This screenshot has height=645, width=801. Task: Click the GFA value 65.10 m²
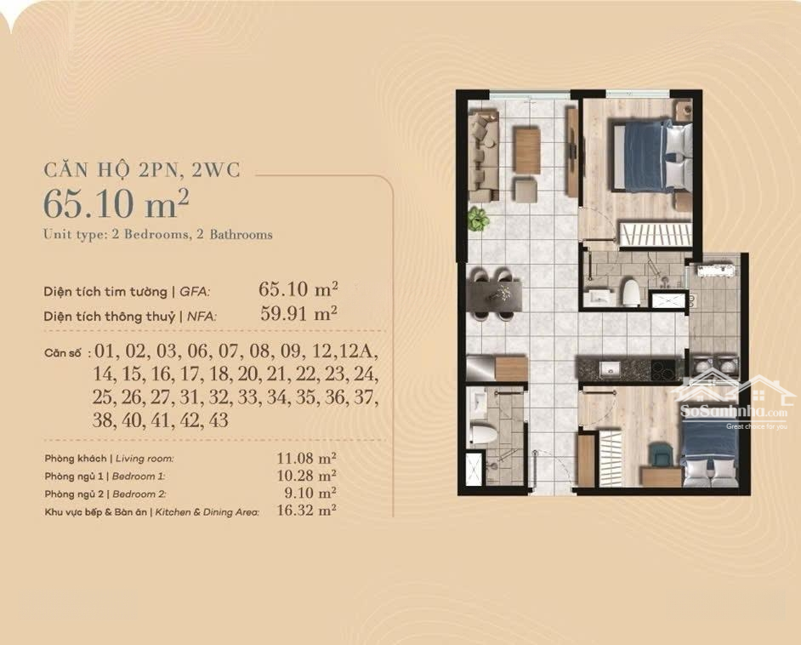tap(298, 289)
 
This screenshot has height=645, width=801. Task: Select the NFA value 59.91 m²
tap(298, 313)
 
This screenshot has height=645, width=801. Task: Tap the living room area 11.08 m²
tap(306, 458)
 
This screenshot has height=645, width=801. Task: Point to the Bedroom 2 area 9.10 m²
tap(310, 494)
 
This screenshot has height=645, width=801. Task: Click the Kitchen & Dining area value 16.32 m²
tap(306, 511)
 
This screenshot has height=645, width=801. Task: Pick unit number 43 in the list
tap(219, 420)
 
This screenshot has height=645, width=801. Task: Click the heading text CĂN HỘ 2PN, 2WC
tap(142, 169)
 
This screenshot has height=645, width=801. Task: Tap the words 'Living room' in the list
tap(145, 459)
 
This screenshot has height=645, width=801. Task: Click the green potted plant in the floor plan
tap(478, 219)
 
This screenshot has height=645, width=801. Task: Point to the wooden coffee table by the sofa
tap(527, 151)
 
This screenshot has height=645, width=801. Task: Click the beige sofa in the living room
tap(484, 156)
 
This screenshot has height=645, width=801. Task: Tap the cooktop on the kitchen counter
tap(663, 368)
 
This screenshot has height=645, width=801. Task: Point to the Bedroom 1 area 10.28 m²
tap(306, 476)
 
